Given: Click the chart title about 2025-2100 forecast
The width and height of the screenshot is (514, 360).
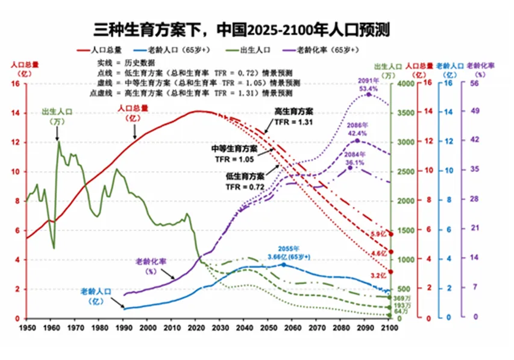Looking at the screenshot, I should pyautogui.click(x=246, y=30).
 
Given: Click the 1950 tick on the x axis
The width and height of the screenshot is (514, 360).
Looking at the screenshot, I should pyautogui.click(x=27, y=327).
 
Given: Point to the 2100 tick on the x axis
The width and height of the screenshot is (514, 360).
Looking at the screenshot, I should pyautogui.click(x=390, y=327).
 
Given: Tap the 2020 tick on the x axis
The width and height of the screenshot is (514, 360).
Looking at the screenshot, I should pyautogui.click(x=196, y=327).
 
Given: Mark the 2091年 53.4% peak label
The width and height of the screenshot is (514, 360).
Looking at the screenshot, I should pyautogui.click(x=368, y=84).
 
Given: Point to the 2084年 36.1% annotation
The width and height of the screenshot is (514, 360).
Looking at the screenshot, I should pyautogui.click(x=354, y=159).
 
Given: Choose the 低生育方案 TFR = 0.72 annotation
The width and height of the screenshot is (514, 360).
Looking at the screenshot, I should pyautogui.click(x=245, y=182).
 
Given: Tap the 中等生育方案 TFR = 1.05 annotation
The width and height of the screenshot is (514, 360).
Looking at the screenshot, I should pyautogui.click(x=234, y=154).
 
